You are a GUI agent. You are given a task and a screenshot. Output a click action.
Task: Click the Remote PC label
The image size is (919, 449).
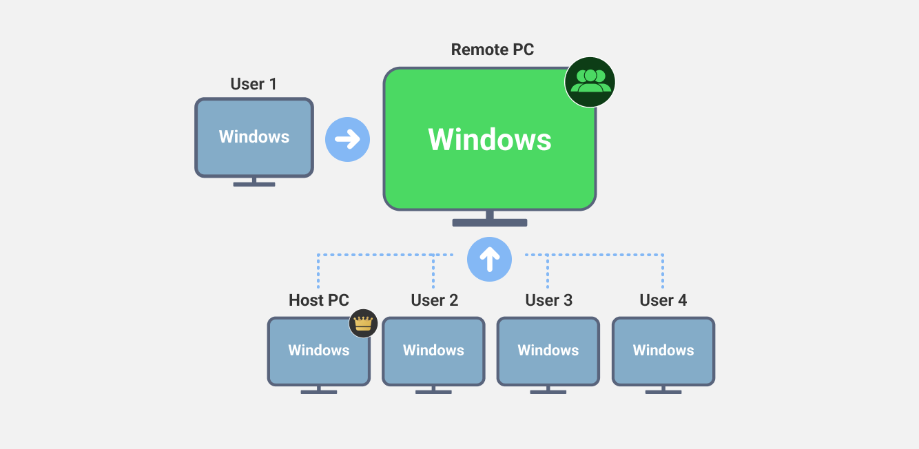492,50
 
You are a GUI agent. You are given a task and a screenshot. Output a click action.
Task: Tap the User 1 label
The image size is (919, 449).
254,84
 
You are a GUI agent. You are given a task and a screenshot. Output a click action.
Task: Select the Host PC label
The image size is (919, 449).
319,300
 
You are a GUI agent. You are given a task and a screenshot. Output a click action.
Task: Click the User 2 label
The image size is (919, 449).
434,300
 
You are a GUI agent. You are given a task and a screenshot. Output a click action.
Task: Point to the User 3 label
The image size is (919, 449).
548,300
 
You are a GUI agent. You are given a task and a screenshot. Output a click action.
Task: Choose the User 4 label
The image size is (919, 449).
663,300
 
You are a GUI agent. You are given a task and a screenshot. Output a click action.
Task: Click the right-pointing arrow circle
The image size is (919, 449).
347,140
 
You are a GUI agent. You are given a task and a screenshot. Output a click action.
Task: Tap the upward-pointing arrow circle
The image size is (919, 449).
489,260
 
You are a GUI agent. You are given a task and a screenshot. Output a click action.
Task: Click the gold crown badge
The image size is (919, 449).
363,322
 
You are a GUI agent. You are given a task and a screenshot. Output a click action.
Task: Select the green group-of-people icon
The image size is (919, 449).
590,82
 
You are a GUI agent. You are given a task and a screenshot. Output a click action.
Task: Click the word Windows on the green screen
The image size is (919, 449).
490,140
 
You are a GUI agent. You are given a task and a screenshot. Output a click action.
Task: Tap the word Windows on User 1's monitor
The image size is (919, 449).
254,137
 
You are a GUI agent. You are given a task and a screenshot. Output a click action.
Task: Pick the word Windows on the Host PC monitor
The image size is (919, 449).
319,350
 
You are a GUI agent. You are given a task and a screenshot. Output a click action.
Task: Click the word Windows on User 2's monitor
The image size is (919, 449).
434,350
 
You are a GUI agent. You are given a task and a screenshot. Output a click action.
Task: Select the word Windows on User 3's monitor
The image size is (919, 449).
548,350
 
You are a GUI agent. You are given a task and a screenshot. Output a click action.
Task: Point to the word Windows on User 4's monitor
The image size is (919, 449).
663,350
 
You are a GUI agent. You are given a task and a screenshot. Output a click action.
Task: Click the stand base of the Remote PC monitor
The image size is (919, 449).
490,222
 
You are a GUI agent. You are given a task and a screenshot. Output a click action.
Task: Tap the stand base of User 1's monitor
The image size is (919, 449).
254,184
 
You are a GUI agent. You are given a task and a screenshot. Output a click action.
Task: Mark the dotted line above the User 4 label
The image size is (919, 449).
663,272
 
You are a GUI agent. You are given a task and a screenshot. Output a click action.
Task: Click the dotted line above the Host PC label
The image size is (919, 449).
318,272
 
